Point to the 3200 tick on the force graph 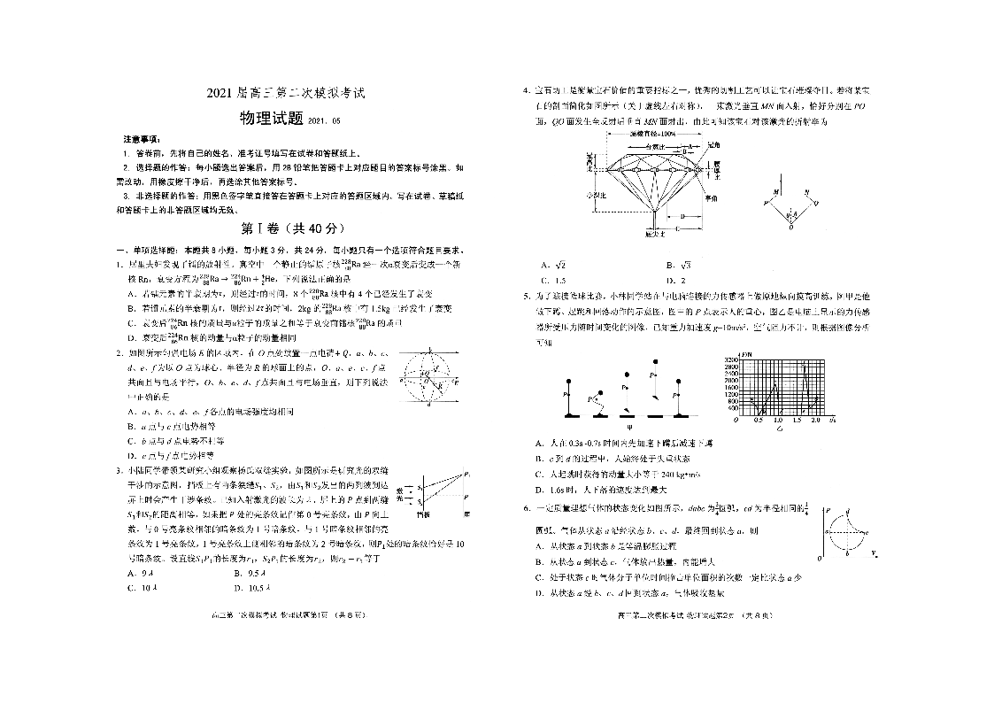click(732, 359)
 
